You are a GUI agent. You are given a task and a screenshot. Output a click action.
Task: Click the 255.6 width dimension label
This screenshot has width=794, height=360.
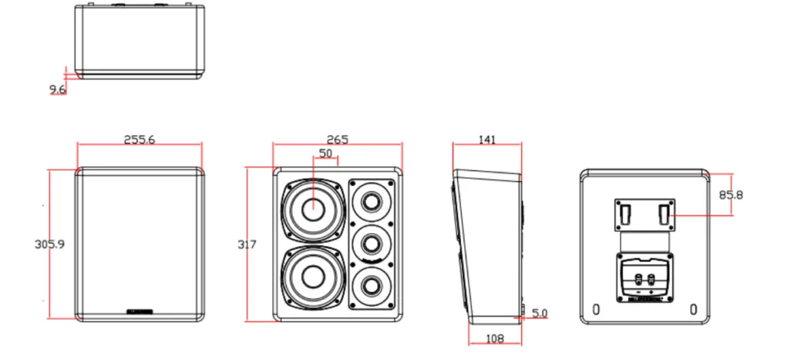[x=140, y=140]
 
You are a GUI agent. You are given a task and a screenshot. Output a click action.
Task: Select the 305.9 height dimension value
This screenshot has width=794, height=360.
[x=49, y=244]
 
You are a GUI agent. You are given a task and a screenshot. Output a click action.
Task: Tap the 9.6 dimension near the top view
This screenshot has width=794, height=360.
[x=58, y=90]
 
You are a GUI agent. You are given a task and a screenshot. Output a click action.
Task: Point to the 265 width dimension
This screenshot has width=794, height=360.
[x=338, y=140]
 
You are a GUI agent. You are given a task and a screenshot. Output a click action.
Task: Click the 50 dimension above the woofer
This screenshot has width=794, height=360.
[x=326, y=154]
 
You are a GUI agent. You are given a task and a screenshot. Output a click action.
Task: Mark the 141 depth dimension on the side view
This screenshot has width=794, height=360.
[x=487, y=140]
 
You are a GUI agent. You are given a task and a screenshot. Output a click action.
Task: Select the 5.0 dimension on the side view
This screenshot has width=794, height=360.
[x=540, y=313]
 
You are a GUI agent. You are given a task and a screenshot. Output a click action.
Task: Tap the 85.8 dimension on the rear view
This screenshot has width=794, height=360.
[x=730, y=195]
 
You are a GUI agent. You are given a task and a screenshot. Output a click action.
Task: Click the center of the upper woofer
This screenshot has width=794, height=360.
[x=313, y=209]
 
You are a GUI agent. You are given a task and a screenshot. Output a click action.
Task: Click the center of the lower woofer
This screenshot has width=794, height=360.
[x=313, y=278]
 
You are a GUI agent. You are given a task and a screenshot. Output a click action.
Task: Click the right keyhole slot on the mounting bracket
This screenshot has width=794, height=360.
[x=664, y=213]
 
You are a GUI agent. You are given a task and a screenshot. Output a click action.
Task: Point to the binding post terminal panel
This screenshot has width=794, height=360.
[x=643, y=279]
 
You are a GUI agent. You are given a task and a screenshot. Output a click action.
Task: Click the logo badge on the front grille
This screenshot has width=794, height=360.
[x=140, y=312]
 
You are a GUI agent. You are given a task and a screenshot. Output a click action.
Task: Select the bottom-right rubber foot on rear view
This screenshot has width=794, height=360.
[x=695, y=310]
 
